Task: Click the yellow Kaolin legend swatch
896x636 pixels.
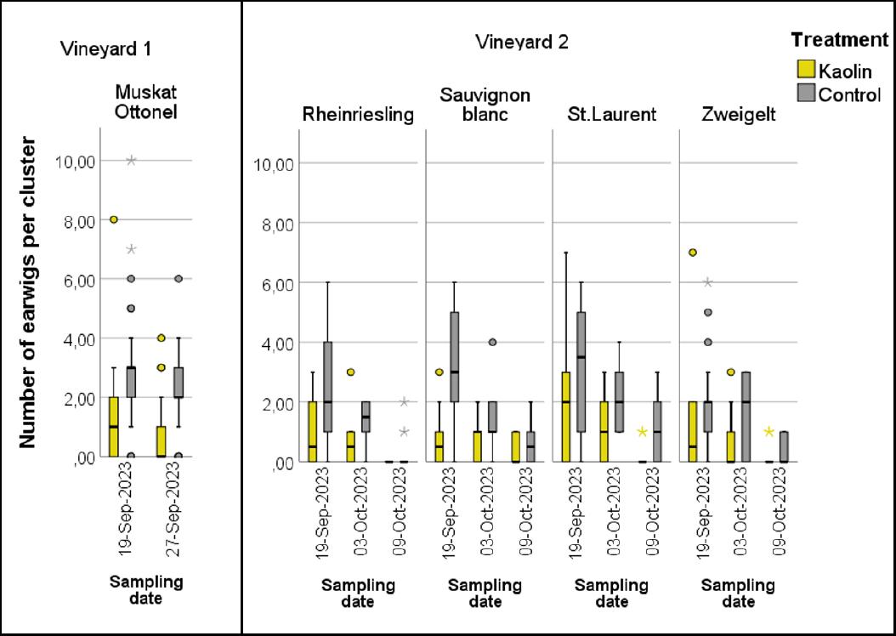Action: click(805, 71)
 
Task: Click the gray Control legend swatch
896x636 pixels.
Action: click(805, 93)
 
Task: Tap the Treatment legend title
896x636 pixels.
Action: click(839, 40)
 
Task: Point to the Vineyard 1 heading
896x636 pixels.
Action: click(106, 48)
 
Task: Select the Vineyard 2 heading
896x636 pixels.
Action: click(522, 42)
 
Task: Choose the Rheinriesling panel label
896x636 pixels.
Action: click(358, 115)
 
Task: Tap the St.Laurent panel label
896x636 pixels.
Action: click(612, 115)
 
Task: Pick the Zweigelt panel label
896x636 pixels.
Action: click(738, 115)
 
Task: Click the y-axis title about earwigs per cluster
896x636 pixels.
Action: click(27, 291)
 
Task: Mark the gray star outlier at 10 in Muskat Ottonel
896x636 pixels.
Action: click(131, 160)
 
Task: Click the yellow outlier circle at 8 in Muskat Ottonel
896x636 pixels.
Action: click(113, 219)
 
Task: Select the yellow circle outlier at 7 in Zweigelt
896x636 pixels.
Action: click(693, 253)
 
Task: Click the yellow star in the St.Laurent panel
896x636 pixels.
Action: click(643, 432)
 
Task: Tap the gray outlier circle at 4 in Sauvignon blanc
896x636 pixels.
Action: click(492, 343)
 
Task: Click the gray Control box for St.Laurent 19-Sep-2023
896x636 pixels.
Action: click(581, 372)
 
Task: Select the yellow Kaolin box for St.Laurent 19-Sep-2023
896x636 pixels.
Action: click(565, 417)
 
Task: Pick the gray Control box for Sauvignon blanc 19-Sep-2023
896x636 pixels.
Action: click(454, 357)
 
